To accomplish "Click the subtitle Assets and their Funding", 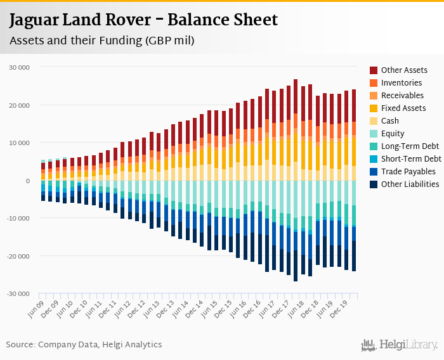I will coord(101,41).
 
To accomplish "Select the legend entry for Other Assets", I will coord(404,70).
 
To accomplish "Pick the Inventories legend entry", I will coord(402,83).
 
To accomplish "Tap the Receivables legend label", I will coord(402,96).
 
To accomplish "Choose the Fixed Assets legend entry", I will coord(403,108).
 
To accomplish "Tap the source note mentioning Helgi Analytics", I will coord(84,345).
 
